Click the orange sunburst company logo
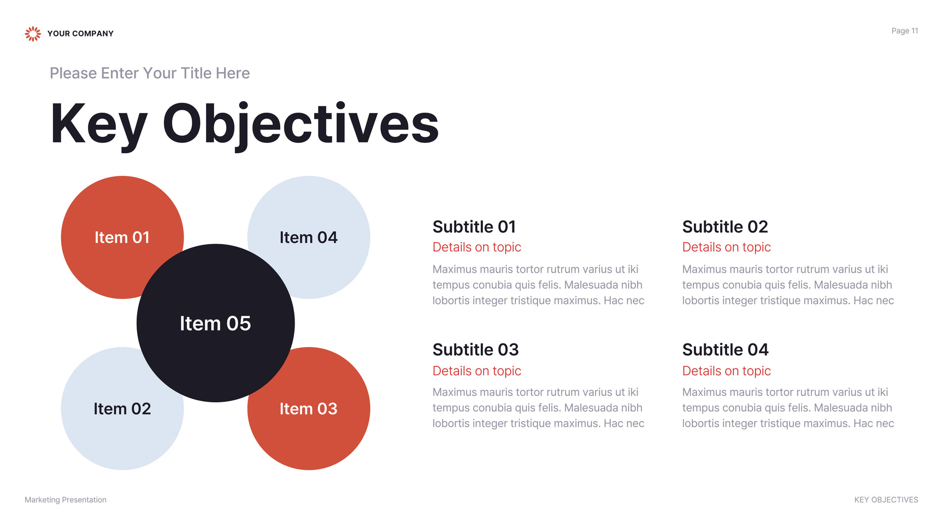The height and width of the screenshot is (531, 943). (x=33, y=34)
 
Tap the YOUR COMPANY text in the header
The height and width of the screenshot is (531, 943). (x=80, y=34)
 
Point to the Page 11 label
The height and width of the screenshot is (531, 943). (x=905, y=31)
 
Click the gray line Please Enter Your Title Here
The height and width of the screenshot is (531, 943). (x=150, y=73)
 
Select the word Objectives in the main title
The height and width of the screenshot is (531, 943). (x=301, y=125)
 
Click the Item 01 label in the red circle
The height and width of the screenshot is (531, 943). (x=122, y=237)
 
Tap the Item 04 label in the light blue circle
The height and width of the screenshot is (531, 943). (x=309, y=237)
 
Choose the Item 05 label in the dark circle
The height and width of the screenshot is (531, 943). (x=215, y=323)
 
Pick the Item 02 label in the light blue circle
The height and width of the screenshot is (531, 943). (x=122, y=409)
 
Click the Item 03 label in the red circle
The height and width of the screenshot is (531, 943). (x=309, y=409)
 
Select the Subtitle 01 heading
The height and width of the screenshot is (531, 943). (x=474, y=226)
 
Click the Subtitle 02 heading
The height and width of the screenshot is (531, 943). (x=725, y=226)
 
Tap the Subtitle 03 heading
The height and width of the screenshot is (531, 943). (x=476, y=349)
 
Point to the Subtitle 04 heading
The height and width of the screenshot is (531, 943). (x=726, y=349)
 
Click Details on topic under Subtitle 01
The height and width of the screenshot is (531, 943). (x=477, y=247)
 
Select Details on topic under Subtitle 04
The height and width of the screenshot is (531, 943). (x=727, y=371)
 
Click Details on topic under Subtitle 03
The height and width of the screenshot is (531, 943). (x=477, y=371)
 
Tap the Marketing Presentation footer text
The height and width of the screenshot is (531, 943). (x=66, y=500)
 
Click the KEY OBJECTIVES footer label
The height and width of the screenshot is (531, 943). (x=886, y=500)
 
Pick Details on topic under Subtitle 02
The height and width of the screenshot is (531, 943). (x=727, y=247)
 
